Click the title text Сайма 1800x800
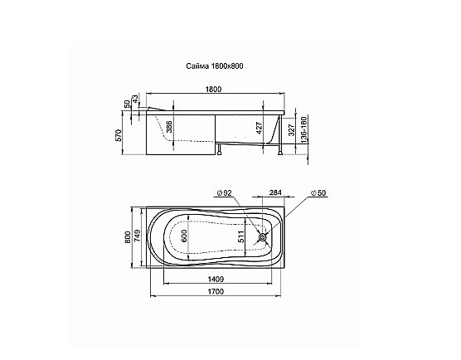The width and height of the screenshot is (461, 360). [x=215, y=66]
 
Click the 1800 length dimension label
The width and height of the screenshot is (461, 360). [x=213, y=89]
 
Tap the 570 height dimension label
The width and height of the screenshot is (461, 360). [x=119, y=135]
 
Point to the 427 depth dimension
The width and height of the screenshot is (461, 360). [x=259, y=128]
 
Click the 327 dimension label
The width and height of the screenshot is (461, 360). [x=291, y=129]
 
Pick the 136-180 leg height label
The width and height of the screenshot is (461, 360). [x=303, y=129]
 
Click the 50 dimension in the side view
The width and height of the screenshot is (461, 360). [x=127, y=104]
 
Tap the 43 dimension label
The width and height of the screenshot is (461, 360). [x=135, y=99]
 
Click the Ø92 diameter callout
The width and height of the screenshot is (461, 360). [x=225, y=193]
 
